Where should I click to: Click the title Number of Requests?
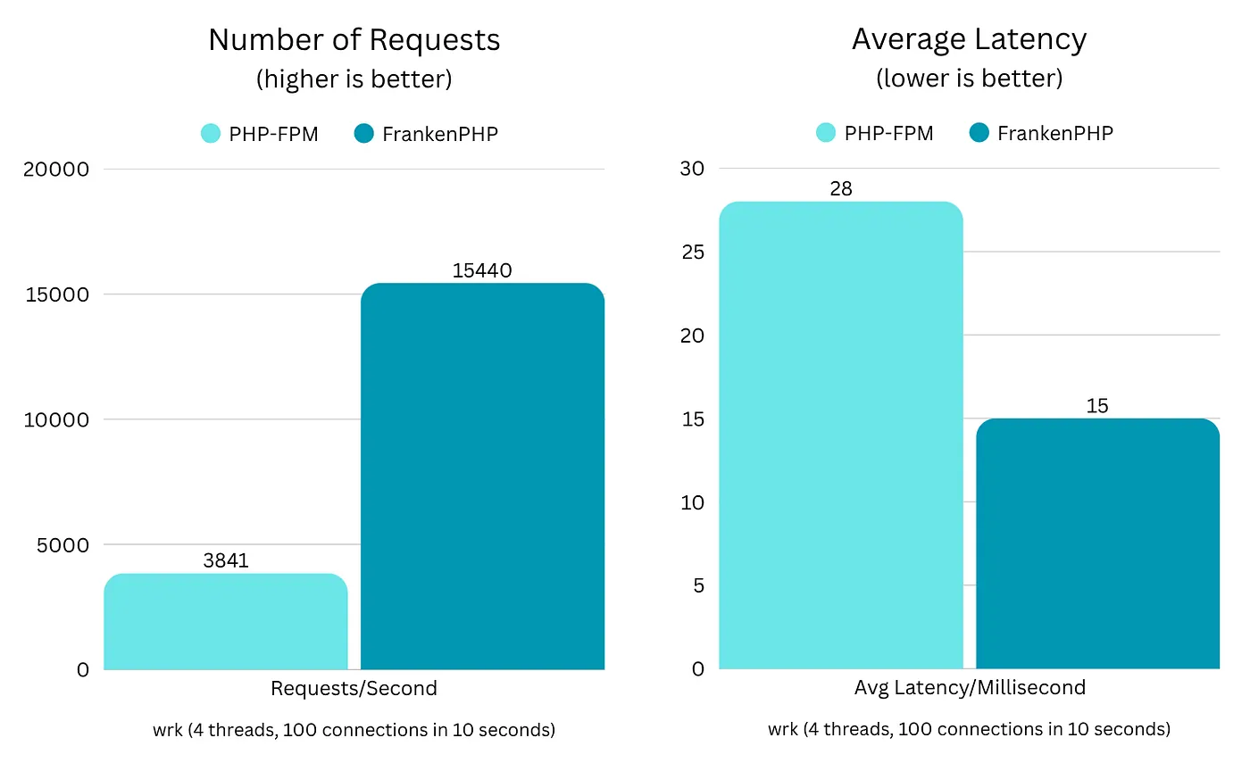(x=354, y=40)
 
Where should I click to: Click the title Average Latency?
(x=969, y=39)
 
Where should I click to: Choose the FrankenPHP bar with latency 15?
(x=1097, y=544)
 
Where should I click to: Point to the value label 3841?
(x=226, y=561)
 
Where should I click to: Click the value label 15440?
(x=482, y=270)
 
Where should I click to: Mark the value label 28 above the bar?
(x=840, y=189)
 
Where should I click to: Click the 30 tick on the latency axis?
(x=693, y=169)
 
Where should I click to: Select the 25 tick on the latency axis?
(x=693, y=253)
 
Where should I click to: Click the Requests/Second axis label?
(x=354, y=688)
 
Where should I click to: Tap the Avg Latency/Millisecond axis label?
(x=969, y=687)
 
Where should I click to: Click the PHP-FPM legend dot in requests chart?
(x=210, y=134)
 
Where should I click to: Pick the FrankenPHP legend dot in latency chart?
(x=979, y=134)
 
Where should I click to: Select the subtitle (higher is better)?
(x=354, y=79)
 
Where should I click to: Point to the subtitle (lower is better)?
(x=969, y=79)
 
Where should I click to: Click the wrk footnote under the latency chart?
(x=969, y=729)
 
